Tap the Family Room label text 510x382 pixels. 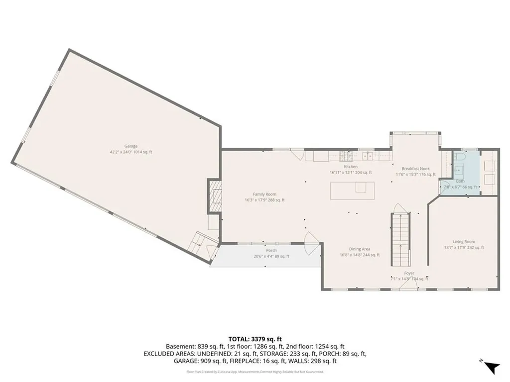tap(264, 194)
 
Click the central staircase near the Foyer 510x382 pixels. tap(400, 239)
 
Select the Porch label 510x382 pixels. tap(271, 250)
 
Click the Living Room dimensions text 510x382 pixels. tap(464, 247)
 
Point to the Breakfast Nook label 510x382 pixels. tap(416, 169)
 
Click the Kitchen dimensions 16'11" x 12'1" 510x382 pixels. tap(351, 173)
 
